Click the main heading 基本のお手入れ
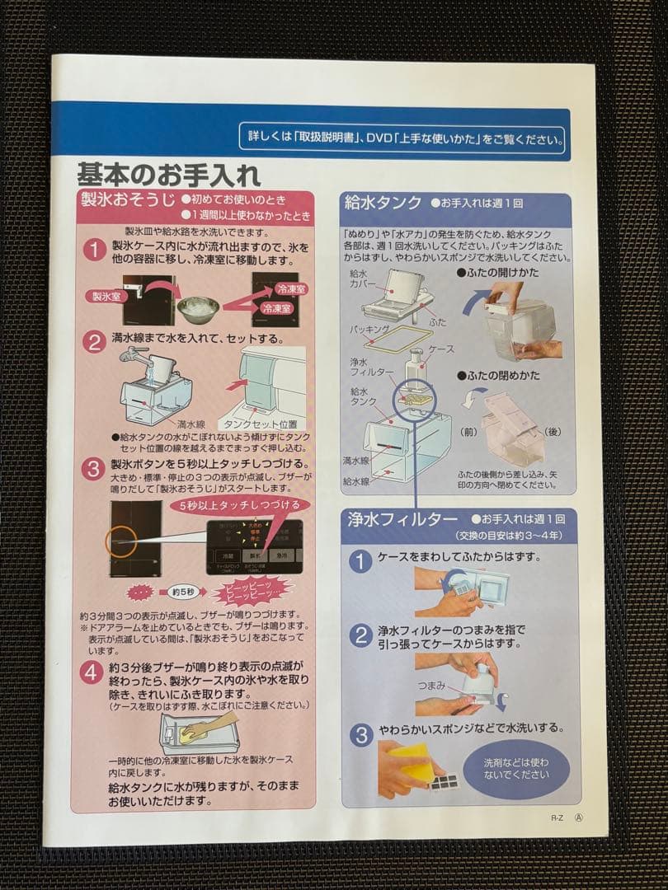point(169,175)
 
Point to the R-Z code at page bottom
point(557,819)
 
